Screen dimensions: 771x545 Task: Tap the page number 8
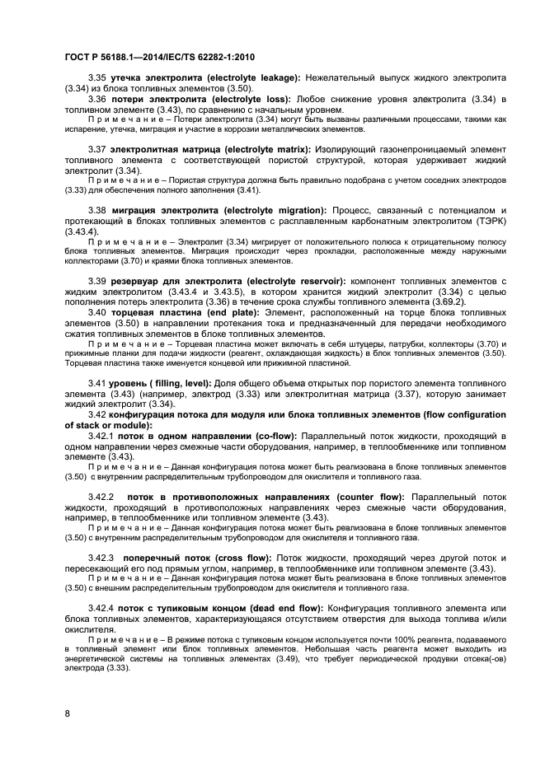tap(67, 712)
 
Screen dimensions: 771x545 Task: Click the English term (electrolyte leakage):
tap(255, 77)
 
